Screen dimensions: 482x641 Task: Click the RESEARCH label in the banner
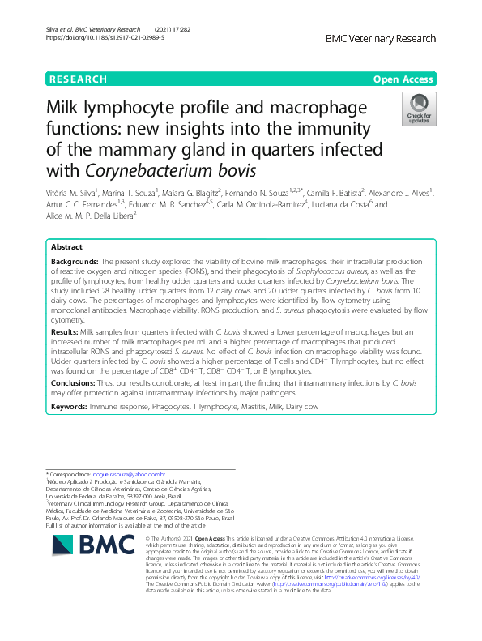78,79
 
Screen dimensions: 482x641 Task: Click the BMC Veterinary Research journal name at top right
381,38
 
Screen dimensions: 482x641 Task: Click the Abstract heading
66,246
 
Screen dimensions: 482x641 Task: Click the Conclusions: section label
72,383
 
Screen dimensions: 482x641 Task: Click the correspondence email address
130,474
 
